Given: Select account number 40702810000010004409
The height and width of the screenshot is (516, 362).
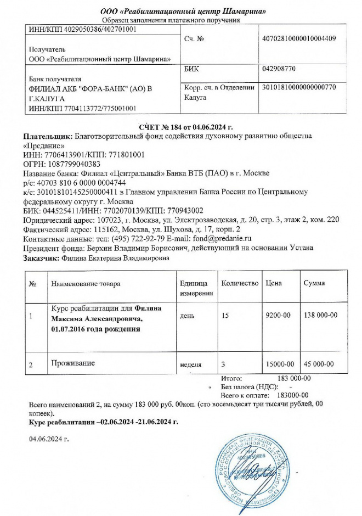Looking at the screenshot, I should point(299,39).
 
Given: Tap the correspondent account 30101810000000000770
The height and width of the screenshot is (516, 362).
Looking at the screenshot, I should point(299,87).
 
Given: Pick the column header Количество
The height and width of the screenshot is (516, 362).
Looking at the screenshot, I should point(239,283).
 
